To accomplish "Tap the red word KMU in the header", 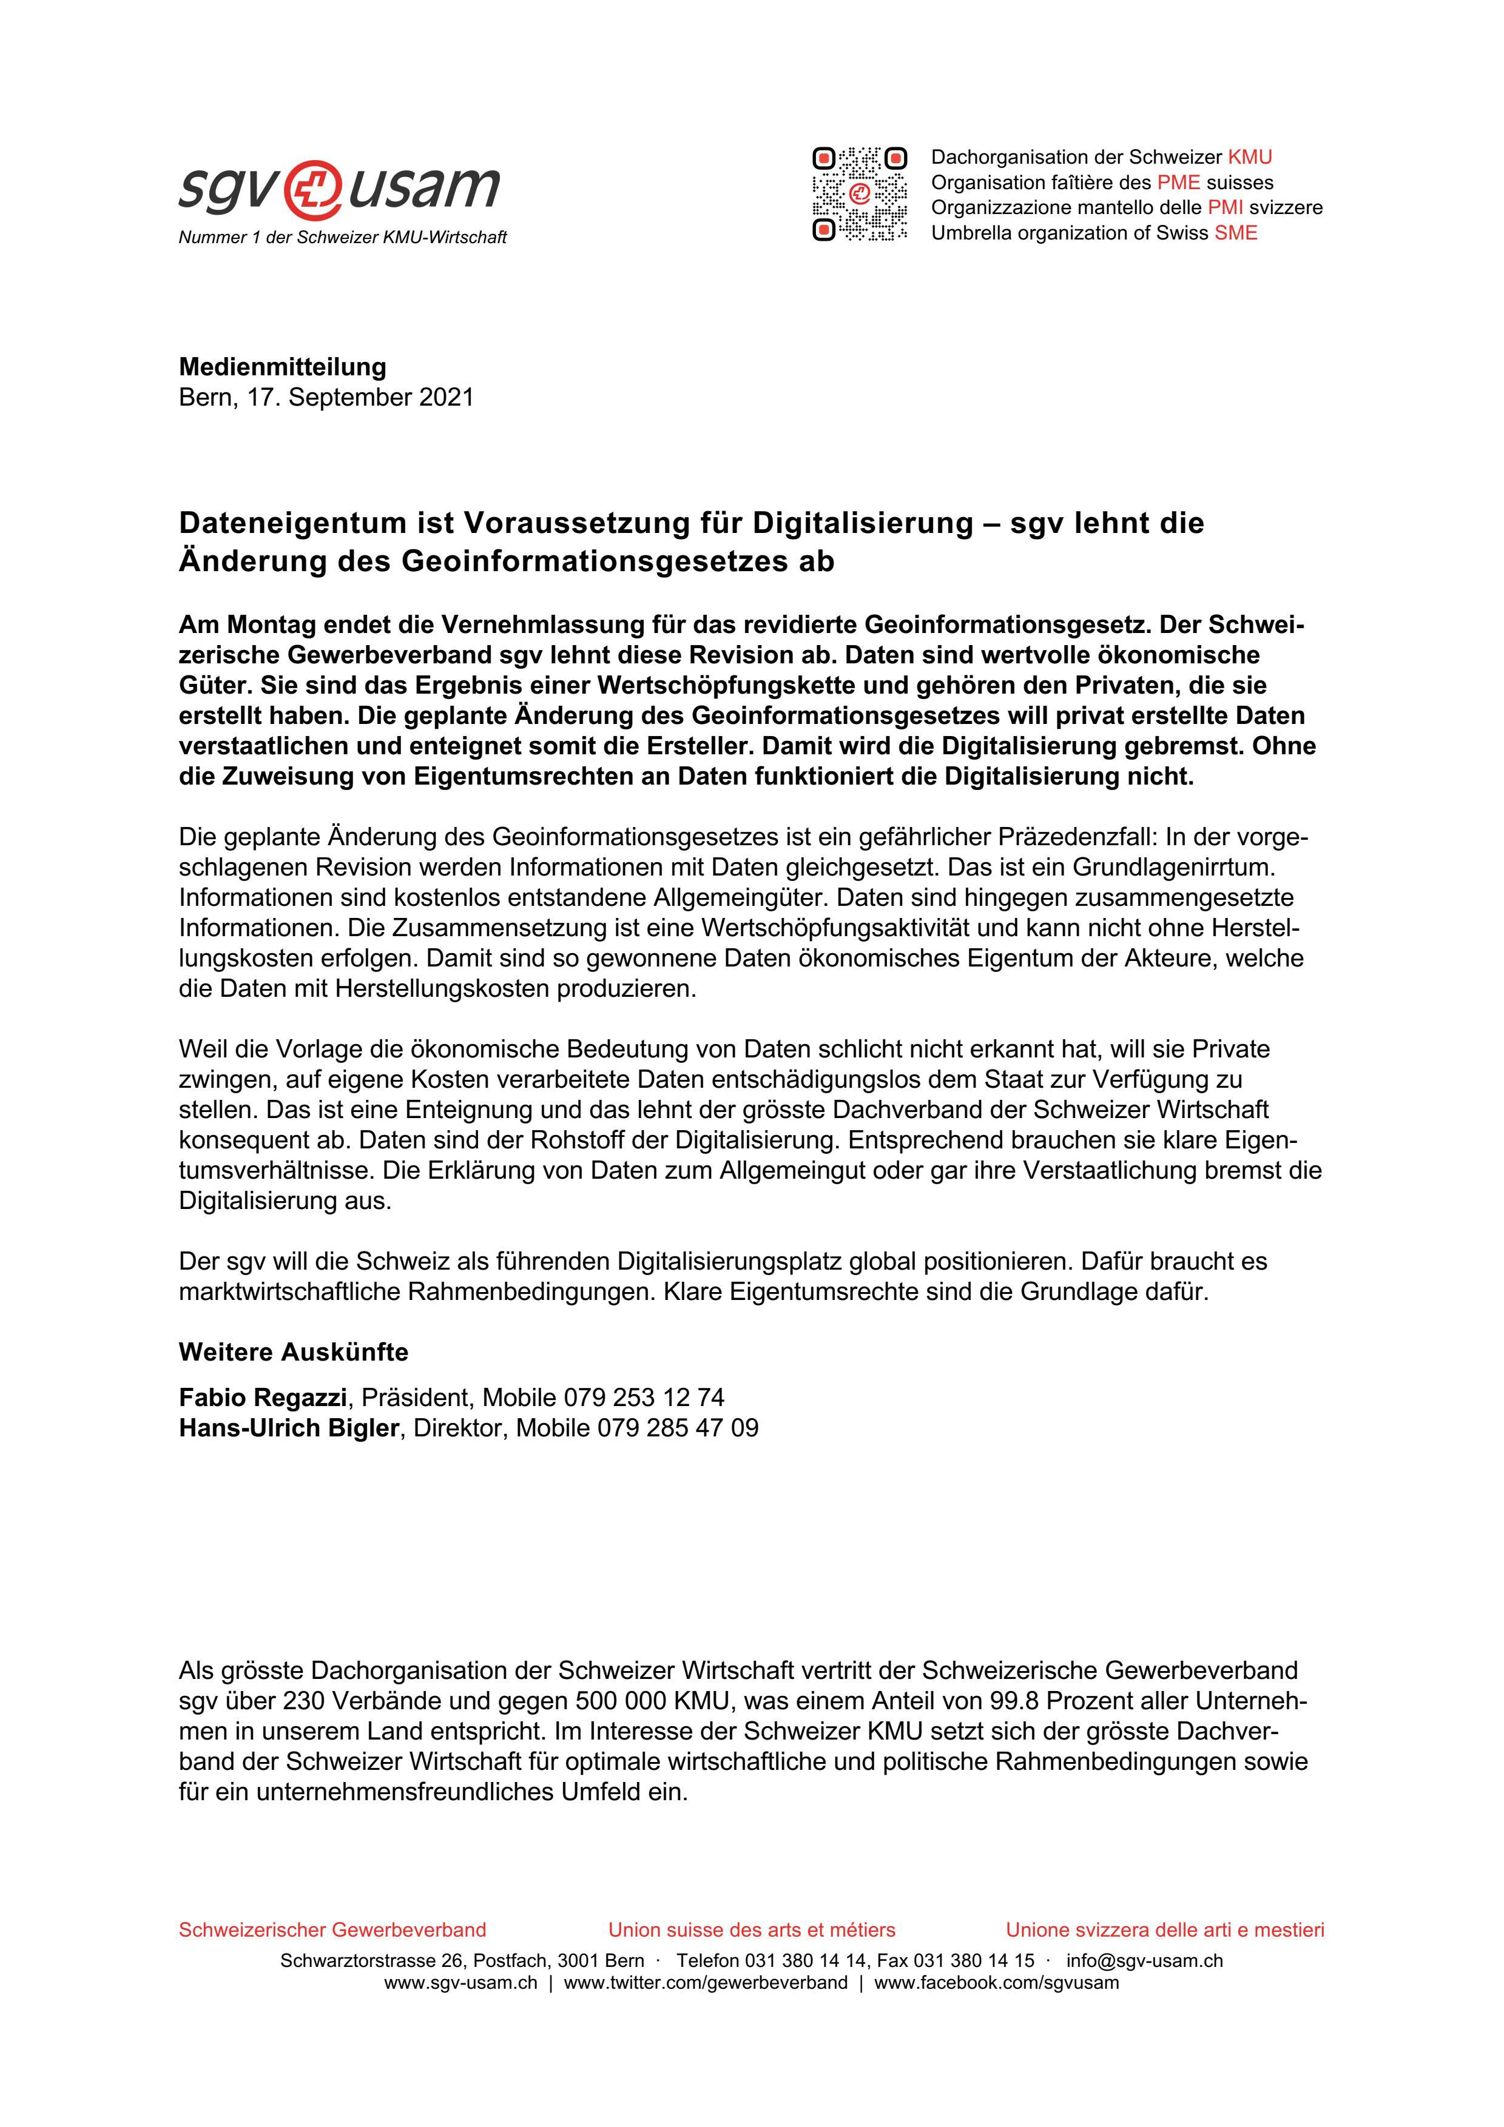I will coord(1249,158).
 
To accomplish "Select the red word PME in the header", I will coord(1178,183).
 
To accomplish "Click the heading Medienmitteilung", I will coord(283,367).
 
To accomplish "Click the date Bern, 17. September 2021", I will coord(326,397).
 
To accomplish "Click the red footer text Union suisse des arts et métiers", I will coord(752,1930).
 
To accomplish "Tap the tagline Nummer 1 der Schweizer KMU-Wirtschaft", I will coord(343,238).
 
